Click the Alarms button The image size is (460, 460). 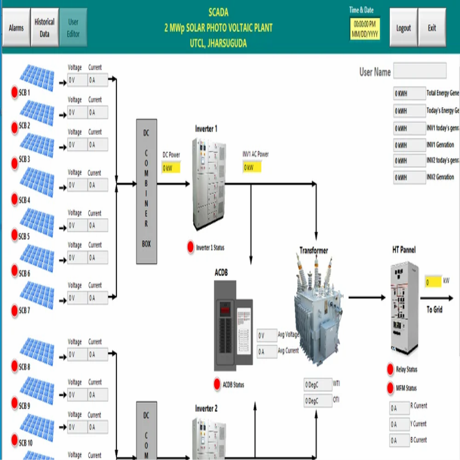(16, 28)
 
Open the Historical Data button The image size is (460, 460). (44, 28)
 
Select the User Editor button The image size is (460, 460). (73, 28)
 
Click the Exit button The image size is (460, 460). (432, 28)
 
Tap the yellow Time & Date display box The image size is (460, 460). (365, 29)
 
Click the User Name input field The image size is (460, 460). (419, 71)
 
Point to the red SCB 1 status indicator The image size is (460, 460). (15, 93)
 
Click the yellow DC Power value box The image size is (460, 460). (171, 168)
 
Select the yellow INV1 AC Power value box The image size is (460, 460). (252, 167)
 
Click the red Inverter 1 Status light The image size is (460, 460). (190, 247)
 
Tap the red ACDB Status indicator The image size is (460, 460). (218, 384)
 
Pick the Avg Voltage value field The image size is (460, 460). (267, 336)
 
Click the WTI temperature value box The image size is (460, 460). (317, 385)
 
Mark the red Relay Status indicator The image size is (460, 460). (390, 369)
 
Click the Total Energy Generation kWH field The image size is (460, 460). (409, 94)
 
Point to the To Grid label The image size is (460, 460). (435, 310)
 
